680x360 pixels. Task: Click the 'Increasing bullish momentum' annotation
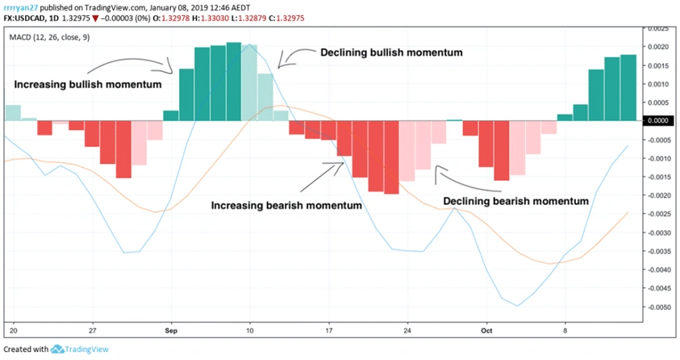pos(87,84)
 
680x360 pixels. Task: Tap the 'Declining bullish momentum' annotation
pos(391,52)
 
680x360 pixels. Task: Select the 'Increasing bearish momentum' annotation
pos(286,205)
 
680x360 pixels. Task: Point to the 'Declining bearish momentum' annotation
pos(516,199)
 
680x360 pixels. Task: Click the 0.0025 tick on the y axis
pos(660,28)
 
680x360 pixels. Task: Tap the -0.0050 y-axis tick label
pos(660,308)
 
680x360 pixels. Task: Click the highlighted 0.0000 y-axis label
pos(660,121)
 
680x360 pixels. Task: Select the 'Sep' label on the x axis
pos(170,330)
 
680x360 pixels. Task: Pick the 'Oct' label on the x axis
pos(486,330)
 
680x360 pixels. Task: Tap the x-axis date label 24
pos(407,330)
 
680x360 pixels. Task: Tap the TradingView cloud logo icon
pos(57,350)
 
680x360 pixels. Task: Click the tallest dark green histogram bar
pos(234,81)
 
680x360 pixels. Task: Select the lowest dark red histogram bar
pos(391,157)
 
